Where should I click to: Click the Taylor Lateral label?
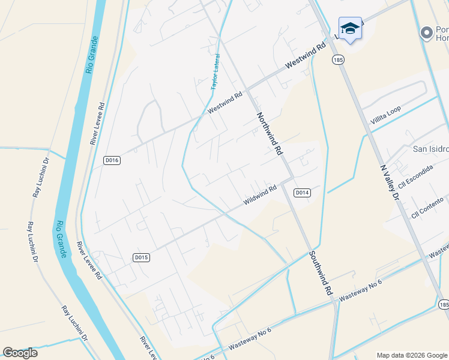215,73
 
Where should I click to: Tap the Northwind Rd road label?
270,134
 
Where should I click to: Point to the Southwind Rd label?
321,272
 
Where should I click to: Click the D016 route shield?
112,160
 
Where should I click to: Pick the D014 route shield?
302,193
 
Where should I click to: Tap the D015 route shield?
140,257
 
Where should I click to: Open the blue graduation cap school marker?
350,29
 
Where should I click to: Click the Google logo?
20,353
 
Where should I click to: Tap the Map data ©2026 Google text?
412,355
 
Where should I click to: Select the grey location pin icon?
427,32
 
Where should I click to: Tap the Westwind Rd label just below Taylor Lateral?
224,103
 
